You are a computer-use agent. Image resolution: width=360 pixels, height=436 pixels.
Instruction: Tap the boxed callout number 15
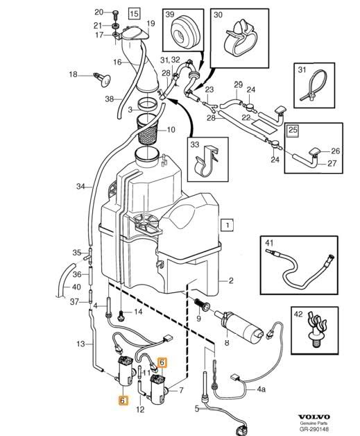pos(133,13)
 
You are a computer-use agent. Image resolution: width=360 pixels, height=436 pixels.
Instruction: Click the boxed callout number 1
pos(225,225)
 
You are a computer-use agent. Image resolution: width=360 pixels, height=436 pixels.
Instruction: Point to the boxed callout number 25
pos(293,130)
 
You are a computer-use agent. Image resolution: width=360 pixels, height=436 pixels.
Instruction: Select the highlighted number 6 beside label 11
pos(162,361)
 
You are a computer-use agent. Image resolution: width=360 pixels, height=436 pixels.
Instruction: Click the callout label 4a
pos(261,389)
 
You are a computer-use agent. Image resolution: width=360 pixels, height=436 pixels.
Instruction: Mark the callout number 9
pos(198,319)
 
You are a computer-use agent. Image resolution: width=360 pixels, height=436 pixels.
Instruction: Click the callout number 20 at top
pos(98,12)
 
